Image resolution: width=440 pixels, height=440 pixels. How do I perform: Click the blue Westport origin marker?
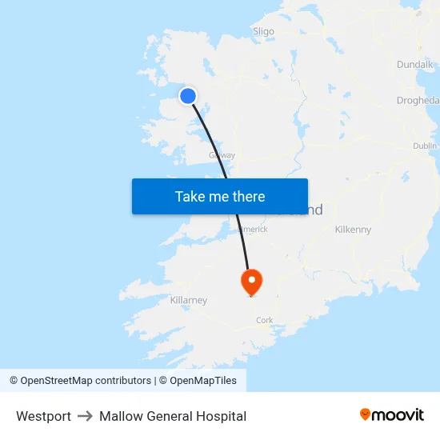click(188, 96)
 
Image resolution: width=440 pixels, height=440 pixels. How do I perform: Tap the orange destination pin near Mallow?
click(251, 281)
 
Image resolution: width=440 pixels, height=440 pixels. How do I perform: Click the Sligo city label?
click(263, 32)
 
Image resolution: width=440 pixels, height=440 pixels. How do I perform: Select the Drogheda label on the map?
click(418, 101)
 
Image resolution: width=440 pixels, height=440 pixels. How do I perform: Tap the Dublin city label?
click(424, 146)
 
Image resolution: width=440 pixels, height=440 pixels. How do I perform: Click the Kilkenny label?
click(353, 230)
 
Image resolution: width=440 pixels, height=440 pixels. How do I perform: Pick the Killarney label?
click(189, 301)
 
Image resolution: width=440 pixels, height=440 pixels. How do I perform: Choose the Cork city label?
click(265, 320)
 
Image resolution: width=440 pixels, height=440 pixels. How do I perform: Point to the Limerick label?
click(254, 229)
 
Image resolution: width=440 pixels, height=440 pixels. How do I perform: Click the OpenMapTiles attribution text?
click(203, 381)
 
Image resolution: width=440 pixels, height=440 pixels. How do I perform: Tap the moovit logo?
click(391, 414)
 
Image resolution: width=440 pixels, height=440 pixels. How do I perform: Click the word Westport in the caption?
click(43, 416)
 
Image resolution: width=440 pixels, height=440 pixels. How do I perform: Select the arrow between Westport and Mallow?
click(85, 416)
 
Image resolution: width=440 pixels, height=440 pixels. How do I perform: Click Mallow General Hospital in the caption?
click(173, 416)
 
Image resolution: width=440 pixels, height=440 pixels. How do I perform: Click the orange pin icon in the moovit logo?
click(366, 414)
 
